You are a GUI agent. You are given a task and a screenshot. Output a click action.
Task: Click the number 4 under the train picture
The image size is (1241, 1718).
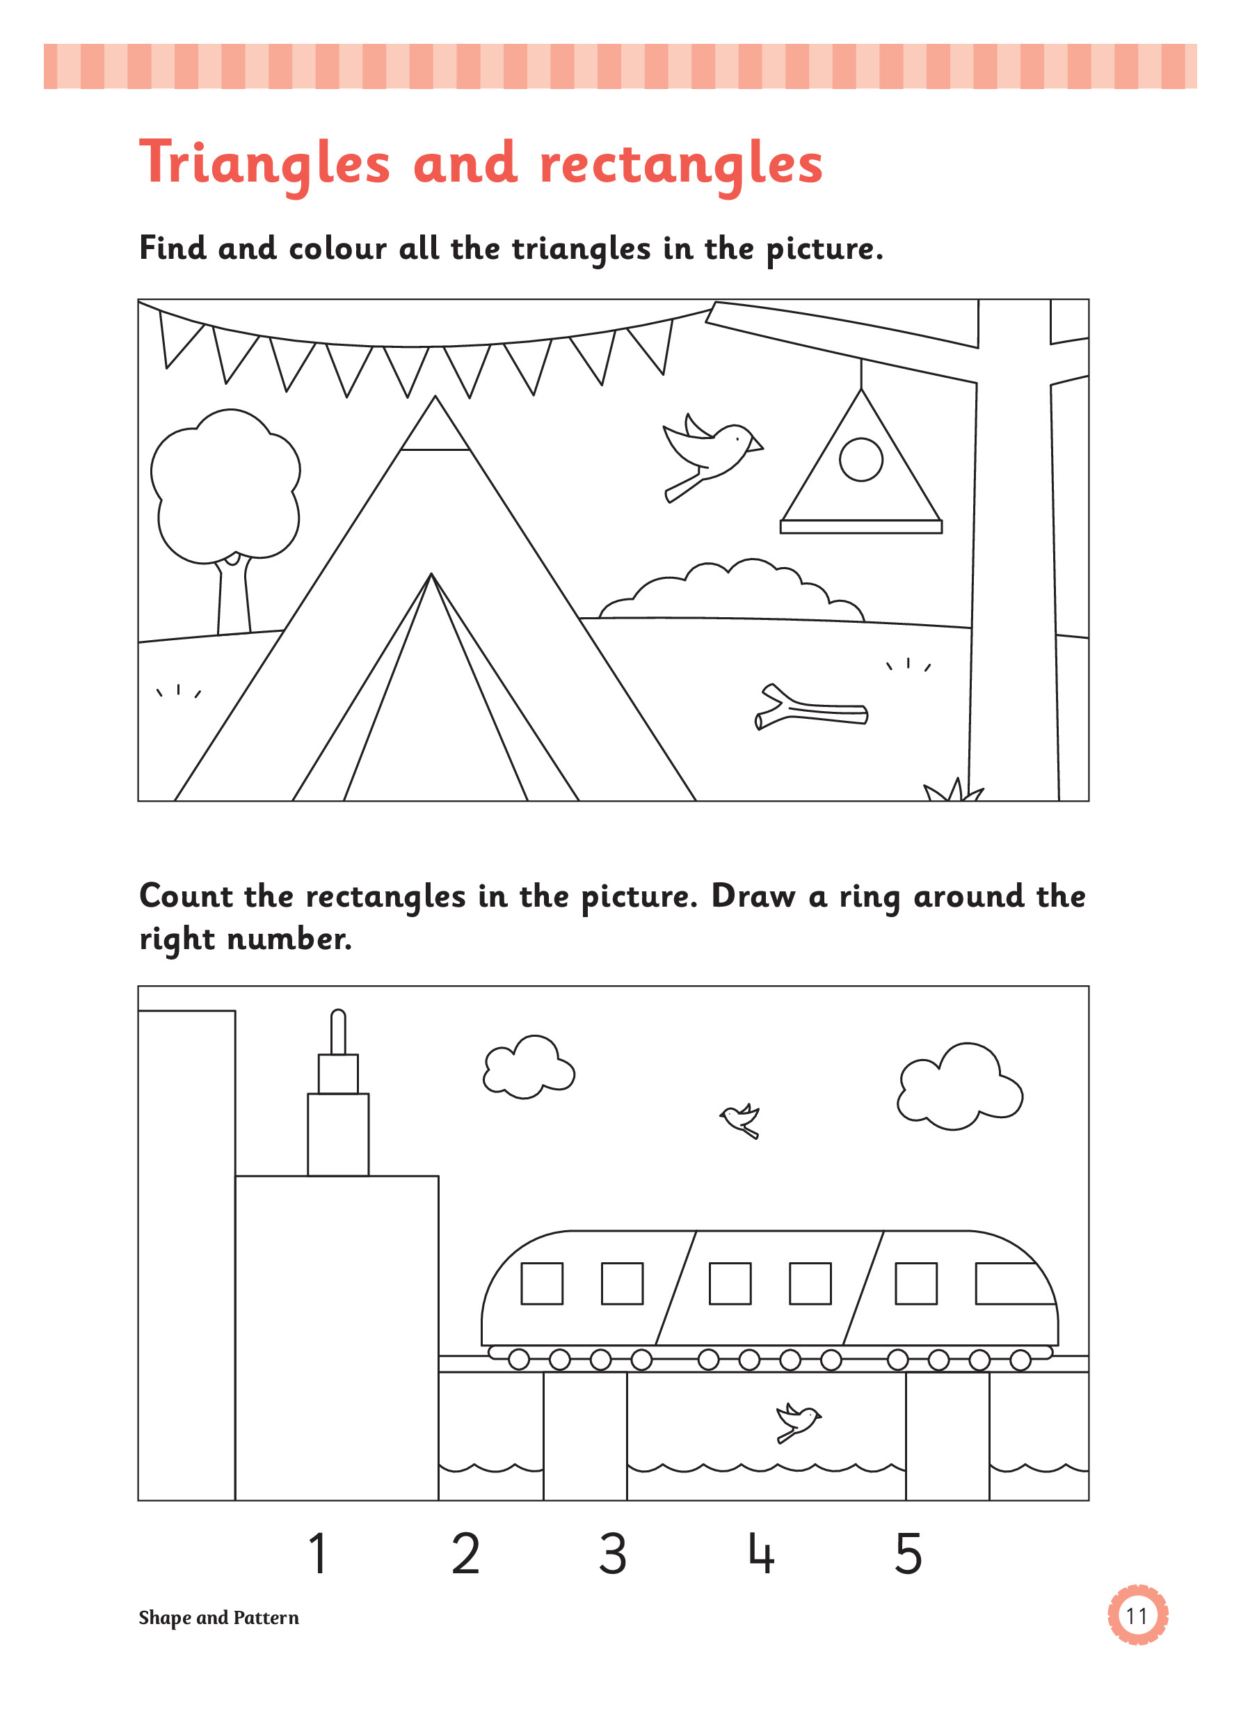(761, 1554)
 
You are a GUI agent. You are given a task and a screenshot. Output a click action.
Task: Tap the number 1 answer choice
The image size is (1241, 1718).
(319, 1554)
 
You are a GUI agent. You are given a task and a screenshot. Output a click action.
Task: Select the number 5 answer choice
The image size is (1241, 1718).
(908, 1554)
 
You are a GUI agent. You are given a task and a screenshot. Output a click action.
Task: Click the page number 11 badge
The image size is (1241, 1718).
(1137, 1616)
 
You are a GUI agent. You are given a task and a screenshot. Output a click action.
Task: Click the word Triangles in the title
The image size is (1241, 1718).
(264, 164)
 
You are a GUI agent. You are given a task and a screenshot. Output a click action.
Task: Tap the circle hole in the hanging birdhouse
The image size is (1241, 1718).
(861, 460)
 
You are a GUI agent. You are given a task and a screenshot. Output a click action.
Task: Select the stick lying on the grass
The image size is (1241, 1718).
(811, 708)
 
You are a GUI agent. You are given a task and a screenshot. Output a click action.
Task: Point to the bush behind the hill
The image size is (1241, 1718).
(731, 591)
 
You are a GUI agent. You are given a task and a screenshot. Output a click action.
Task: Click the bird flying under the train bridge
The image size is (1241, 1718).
(797, 1421)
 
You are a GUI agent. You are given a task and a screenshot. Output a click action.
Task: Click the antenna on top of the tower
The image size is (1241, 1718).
(339, 1032)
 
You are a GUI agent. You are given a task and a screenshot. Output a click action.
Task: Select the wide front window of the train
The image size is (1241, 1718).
(1016, 1283)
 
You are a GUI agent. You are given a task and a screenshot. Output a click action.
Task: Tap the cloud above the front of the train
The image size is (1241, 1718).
(959, 1085)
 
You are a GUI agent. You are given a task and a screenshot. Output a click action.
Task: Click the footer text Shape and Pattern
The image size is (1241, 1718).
(219, 1618)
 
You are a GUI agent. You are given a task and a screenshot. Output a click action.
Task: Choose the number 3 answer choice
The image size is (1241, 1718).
(613, 1554)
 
